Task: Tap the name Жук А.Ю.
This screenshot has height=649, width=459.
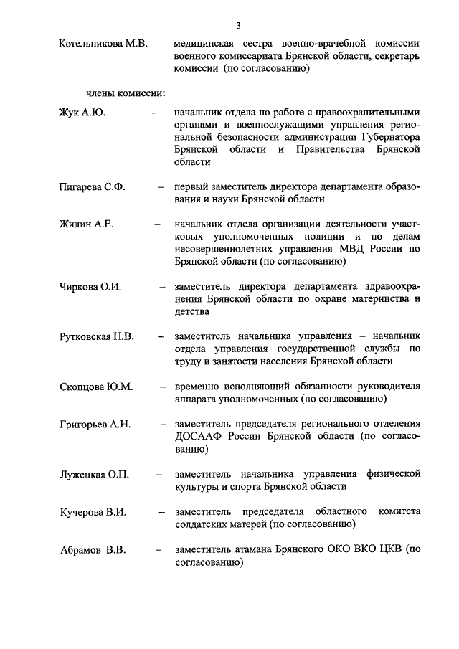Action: [82, 113]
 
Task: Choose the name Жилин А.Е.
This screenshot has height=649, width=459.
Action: [86, 224]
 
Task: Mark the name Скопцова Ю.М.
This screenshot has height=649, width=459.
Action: [95, 387]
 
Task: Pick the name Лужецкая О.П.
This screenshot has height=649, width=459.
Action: [93, 474]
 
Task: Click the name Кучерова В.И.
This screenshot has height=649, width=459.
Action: [93, 512]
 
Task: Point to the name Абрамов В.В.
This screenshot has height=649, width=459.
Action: [92, 550]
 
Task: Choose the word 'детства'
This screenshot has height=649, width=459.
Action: [191, 312]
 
